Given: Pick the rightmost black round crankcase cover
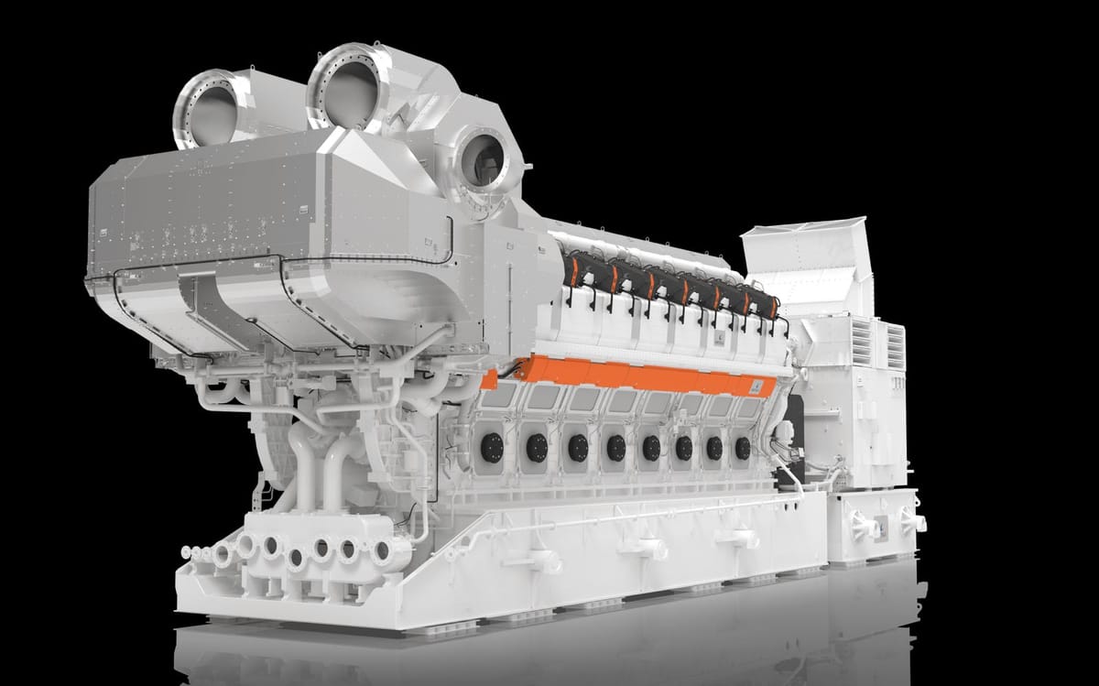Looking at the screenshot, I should coord(742,448).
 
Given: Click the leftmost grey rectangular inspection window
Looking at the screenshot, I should coord(500,395).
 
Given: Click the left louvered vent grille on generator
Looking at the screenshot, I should coord(862,341).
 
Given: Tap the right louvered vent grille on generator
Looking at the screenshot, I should coord(894,346).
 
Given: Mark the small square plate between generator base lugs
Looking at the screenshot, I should coord(881,526).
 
